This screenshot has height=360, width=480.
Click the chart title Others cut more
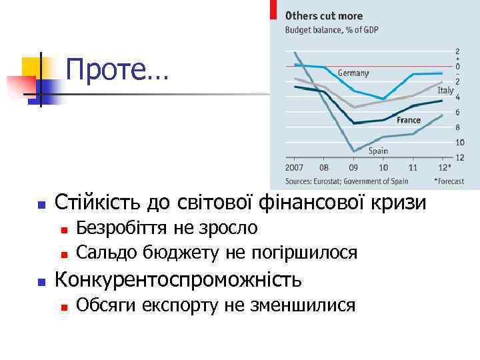click(x=324, y=16)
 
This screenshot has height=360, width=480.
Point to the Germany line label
click(x=353, y=73)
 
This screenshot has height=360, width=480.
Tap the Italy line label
click(x=445, y=90)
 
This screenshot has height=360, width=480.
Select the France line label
click(x=408, y=121)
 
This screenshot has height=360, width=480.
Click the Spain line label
click(x=378, y=151)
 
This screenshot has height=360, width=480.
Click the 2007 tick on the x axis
click(x=295, y=168)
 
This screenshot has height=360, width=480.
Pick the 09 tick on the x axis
click(x=353, y=168)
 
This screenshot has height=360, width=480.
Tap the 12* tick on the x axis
click(x=445, y=168)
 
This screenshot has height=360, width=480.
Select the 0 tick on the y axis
click(x=457, y=67)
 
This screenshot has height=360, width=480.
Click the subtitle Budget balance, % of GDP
click(x=331, y=29)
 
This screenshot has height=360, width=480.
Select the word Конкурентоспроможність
click(x=177, y=279)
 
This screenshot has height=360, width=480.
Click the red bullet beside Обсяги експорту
click(x=63, y=307)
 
